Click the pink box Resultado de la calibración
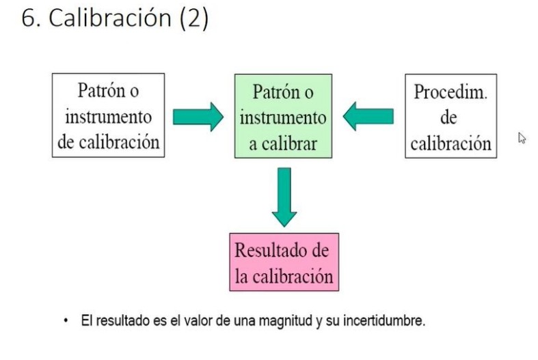click(x=283, y=263)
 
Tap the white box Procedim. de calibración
click(x=450, y=116)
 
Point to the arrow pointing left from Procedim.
click(x=368, y=117)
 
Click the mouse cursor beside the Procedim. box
click(x=522, y=137)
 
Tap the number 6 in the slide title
click(x=27, y=18)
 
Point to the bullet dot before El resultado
click(x=66, y=320)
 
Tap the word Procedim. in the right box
click(x=450, y=92)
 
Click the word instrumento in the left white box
click(x=109, y=116)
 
